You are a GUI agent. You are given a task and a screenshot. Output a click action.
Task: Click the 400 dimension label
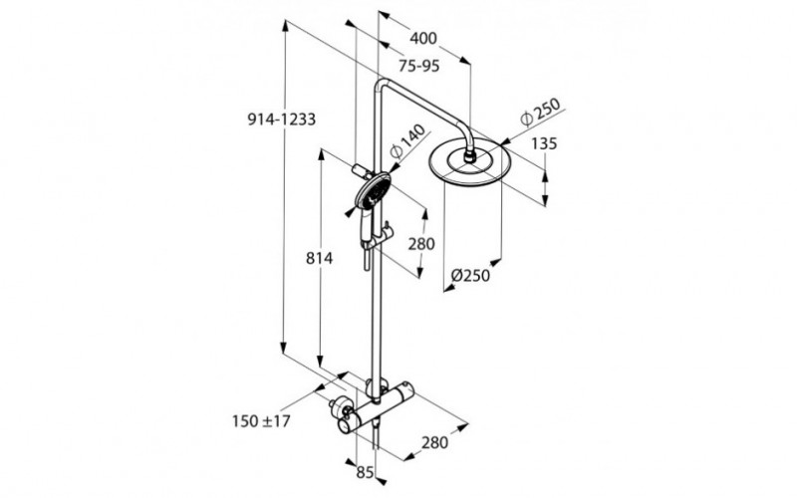[x=423, y=39]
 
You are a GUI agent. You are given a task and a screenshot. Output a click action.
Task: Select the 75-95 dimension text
[x=419, y=66]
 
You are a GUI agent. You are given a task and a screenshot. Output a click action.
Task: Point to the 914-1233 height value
[x=281, y=120]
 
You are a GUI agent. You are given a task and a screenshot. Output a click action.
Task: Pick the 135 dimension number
[x=543, y=143]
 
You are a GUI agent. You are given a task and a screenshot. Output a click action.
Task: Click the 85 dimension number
[x=366, y=472]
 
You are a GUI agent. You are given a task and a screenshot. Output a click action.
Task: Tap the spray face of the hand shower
[x=371, y=191]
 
